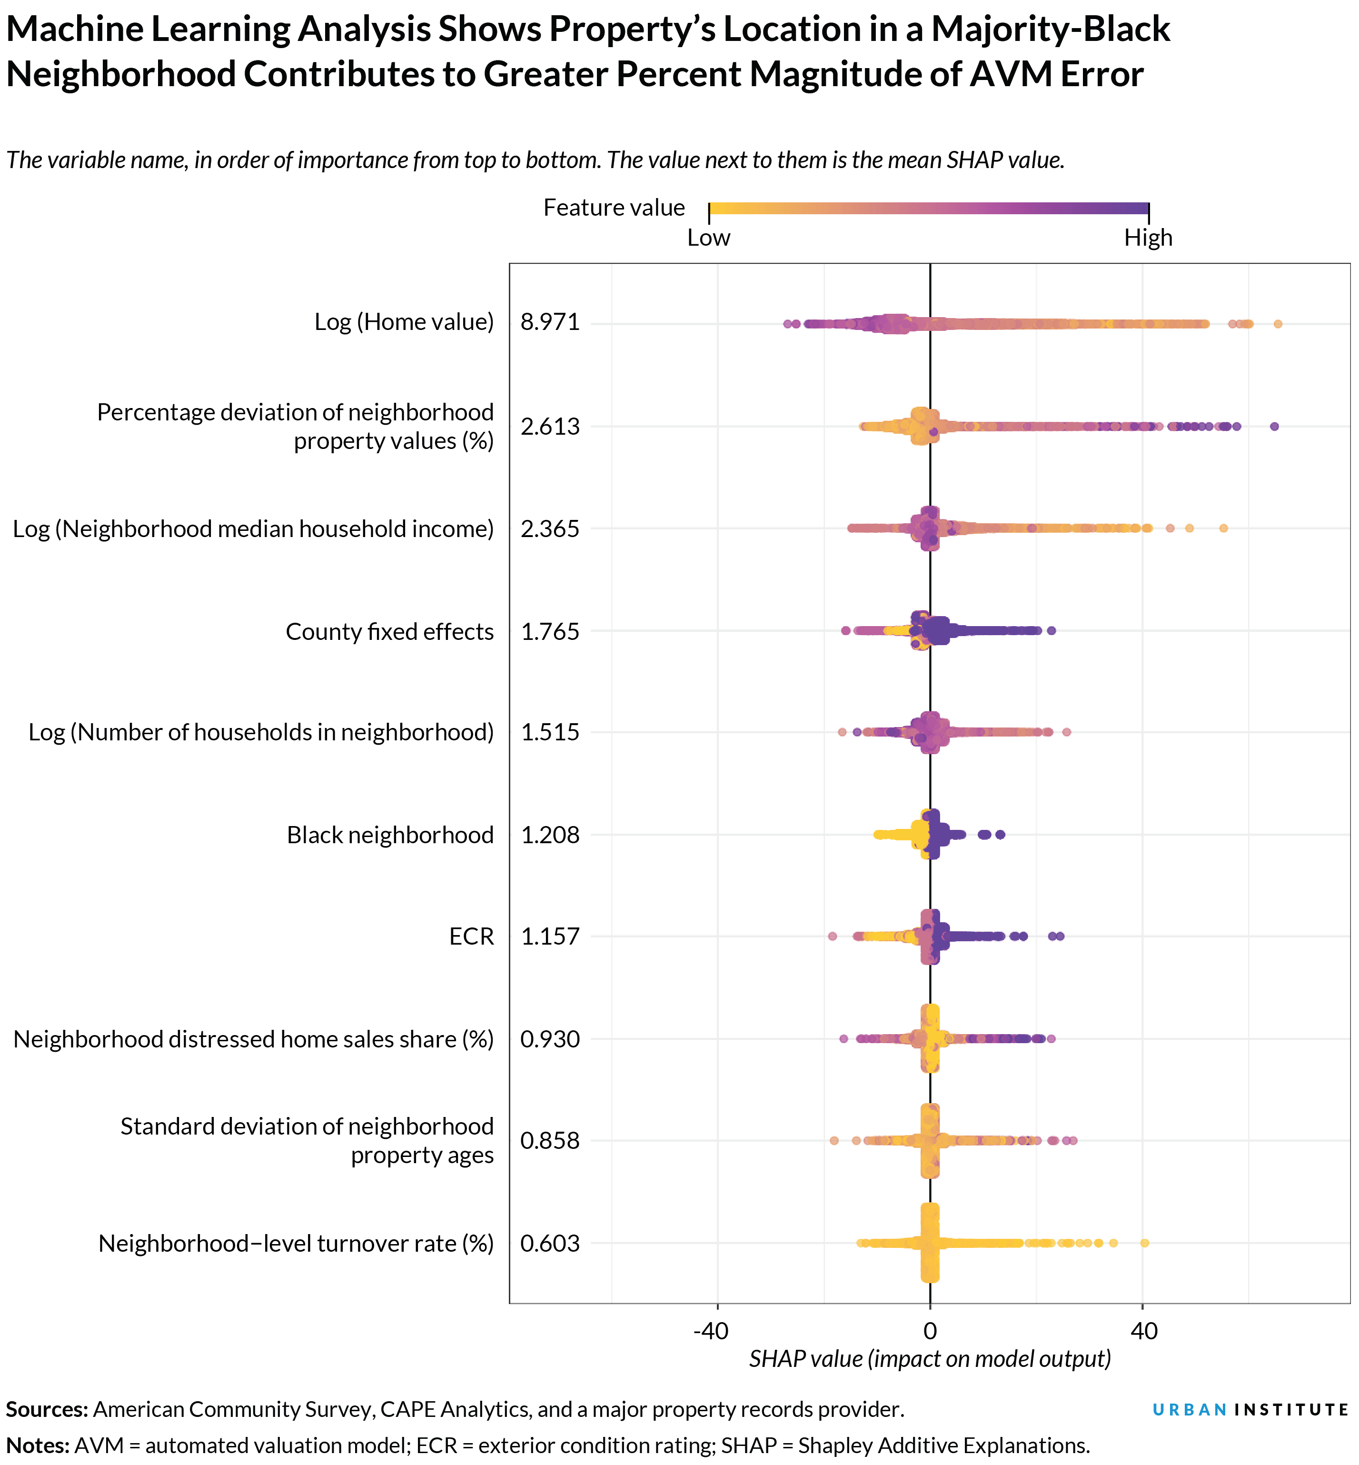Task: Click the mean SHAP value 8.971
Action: coord(550,322)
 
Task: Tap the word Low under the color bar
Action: coord(708,238)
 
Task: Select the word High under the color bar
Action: coord(1148,238)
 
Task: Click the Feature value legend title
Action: coord(614,208)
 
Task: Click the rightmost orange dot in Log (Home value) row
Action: coord(1278,324)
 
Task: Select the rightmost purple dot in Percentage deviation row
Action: coord(1274,427)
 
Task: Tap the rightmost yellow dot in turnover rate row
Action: coord(1144,1243)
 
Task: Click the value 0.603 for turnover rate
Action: coord(550,1243)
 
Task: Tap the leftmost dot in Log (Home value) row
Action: coord(788,324)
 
